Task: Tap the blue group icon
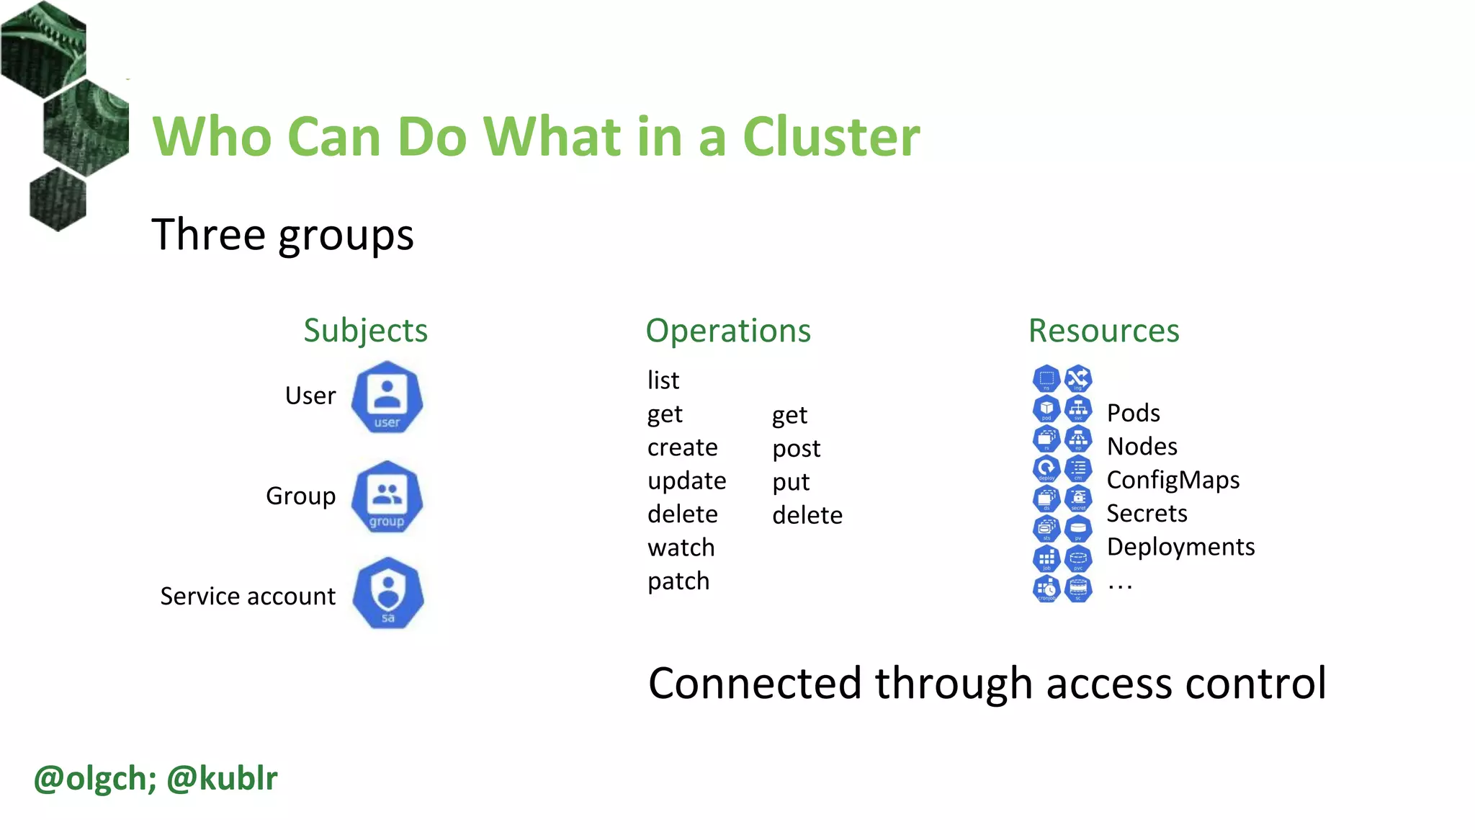click(x=387, y=497)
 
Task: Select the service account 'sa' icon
click(x=388, y=594)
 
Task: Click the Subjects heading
click(x=365, y=331)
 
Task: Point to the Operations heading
click(x=728, y=331)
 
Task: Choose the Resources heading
click(x=1103, y=331)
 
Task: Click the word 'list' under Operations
click(x=663, y=380)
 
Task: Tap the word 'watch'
click(x=681, y=548)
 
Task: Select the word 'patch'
click(x=678, y=581)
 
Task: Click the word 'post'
click(x=796, y=449)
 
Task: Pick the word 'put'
click(x=791, y=482)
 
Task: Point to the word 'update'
click(x=686, y=481)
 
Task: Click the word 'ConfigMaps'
click(x=1173, y=480)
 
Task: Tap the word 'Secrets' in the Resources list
click(x=1147, y=513)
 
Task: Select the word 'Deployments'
click(x=1180, y=547)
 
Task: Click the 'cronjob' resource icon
click(x=1046, y=589)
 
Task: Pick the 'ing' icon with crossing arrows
click(x=1078, y=378)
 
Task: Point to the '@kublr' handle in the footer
click(x=222, y=778)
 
